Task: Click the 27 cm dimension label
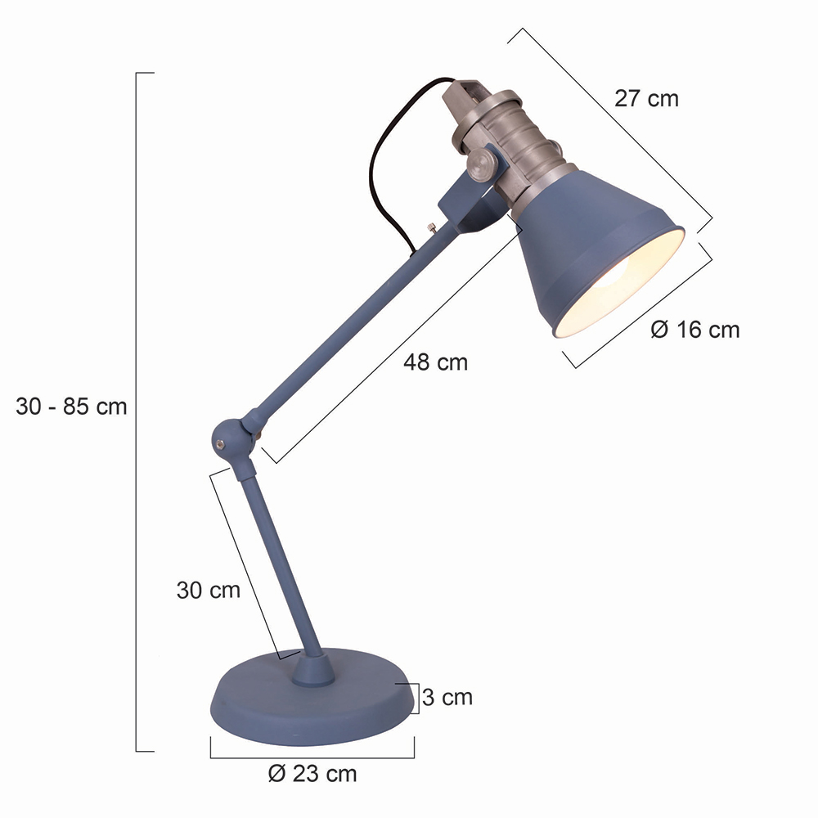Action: click(x=646, y=99)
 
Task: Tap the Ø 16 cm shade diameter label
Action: click(x=694, y=330)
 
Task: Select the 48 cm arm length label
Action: click(x=436, y=362)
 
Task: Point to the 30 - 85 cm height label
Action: click(x=71, y=407)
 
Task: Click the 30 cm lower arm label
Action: click(x=208, y=590)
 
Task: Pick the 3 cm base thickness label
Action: click(x=447, y=697)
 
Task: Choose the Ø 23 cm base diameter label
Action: click(x=312, y=774)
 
